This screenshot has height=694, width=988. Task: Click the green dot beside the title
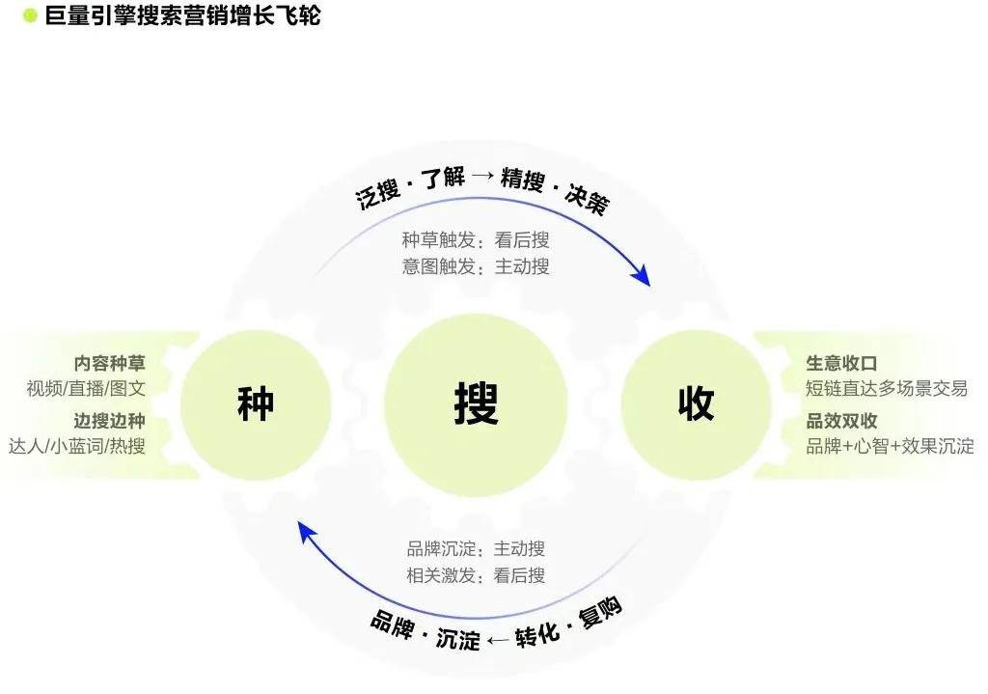click(30, 15)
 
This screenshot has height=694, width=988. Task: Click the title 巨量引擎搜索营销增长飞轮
click(182, 15)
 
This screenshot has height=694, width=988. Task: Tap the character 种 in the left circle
click(256, 403)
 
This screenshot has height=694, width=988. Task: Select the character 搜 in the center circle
click(477, 403)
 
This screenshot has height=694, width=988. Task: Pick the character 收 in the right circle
click(697, 403)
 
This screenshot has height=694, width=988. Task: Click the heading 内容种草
click(110, 363)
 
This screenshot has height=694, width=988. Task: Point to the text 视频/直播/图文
click(86, 388)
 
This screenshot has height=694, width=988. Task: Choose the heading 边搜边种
click(110, 421)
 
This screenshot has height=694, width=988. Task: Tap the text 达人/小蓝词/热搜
click(77, 446)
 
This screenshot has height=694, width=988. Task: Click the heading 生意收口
click(841, 363)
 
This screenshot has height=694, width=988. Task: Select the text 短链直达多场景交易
click(887, 388)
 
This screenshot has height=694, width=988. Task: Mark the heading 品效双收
click(841, 421)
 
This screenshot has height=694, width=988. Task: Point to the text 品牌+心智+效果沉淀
click(891, 446)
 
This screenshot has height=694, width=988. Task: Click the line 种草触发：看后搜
click(476, 240)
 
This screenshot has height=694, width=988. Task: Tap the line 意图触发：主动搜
click(476, 266)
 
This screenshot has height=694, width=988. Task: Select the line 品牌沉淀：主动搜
click(476, 549)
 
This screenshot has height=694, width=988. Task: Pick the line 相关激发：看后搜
click(476, 575)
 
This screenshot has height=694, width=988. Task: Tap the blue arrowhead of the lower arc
click(307, 533)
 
